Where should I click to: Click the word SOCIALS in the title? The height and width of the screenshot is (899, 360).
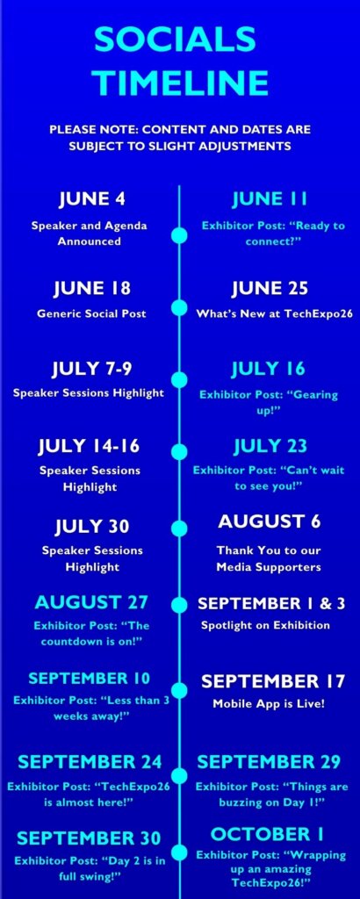coord(175,40)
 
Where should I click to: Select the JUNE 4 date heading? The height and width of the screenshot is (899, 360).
coord(91,199)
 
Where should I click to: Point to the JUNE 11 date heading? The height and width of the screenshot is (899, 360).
coord(270,199)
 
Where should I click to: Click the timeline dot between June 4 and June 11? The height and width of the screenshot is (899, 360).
coord(179,235)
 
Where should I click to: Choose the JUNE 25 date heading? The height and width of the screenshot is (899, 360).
coord(270,288)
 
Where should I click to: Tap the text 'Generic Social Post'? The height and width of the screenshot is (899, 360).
coord(91,313)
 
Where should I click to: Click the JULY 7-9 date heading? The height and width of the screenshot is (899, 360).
coord(91,369)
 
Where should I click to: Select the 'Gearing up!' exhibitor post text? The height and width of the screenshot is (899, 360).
coord(269,402)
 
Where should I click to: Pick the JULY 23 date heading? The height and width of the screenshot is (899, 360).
coord(270,445)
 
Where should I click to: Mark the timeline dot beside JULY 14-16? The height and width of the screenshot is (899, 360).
coord(179,452)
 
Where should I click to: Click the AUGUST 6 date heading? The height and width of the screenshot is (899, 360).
coord(270,521)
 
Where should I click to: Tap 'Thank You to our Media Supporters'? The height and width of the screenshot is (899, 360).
coord(269,558)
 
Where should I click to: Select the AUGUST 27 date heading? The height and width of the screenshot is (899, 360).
coord(91,602)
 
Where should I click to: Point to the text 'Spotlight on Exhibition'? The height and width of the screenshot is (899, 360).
coord(265,625)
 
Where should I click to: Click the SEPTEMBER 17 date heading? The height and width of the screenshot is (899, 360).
coord(273,681)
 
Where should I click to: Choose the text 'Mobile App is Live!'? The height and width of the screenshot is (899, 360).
coord(269,703)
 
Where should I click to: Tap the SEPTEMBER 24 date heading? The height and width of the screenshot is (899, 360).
coord(90,762)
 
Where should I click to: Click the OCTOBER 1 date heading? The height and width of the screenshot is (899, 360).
coord(267,833)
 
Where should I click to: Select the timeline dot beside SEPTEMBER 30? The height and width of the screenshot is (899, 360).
coord(179,852)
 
